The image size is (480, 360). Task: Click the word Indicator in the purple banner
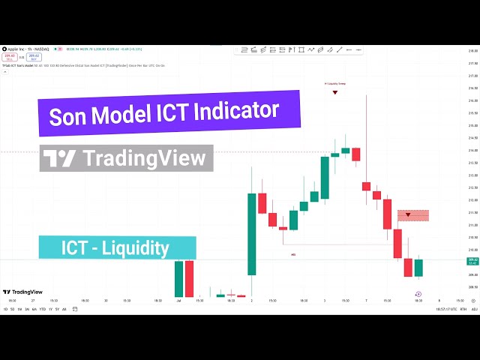[238, 111]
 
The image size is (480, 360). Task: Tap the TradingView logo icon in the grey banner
[59, 158]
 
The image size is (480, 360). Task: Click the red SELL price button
[10, 56]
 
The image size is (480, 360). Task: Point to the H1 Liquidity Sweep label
[334, 83]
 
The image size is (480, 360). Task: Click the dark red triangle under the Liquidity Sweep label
[334, 91]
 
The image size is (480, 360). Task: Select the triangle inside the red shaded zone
[408, 215]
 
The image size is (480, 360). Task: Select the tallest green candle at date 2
[251, 234]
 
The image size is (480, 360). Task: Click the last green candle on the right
[418, 268]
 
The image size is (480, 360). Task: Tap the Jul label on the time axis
[179, 300]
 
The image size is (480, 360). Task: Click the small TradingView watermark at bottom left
[22, 292]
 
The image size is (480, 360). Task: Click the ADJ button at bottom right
[474, 309]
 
